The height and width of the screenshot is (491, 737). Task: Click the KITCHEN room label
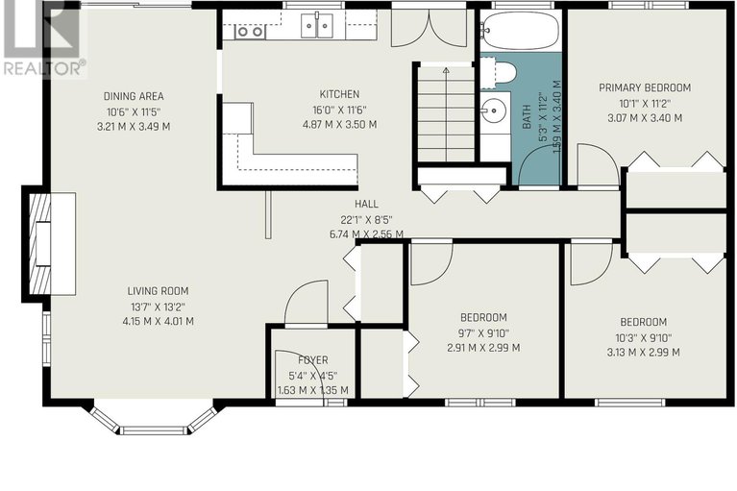tap(339, 94)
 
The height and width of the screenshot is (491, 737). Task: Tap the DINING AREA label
tap(134, 96)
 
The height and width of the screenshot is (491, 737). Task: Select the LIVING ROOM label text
tap(158, 291)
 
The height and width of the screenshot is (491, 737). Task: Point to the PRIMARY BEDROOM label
tap(645, 87)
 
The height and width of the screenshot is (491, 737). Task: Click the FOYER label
tap(313, 360)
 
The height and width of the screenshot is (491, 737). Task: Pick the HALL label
tap(366, 204)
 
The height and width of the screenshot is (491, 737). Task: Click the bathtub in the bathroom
tap(520, 31)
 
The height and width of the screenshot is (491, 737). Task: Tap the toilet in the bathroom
tap(499, 73)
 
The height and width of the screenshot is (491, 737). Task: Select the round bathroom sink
tap(493, 110)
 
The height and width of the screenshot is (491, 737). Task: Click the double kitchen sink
tap(317, 25)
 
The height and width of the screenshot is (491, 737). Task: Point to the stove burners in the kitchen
tap(250, 32)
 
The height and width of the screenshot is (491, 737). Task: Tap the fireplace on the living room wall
tap(49, 244)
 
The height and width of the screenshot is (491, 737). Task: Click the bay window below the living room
tap(154, 418)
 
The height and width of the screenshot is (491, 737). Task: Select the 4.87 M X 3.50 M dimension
tap(339, 125)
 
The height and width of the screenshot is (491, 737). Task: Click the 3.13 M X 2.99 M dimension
tap(643, 353)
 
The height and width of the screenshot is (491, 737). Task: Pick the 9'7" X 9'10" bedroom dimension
tap(483, 333)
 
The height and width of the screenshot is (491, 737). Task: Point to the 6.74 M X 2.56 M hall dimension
tap(366, 234)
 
